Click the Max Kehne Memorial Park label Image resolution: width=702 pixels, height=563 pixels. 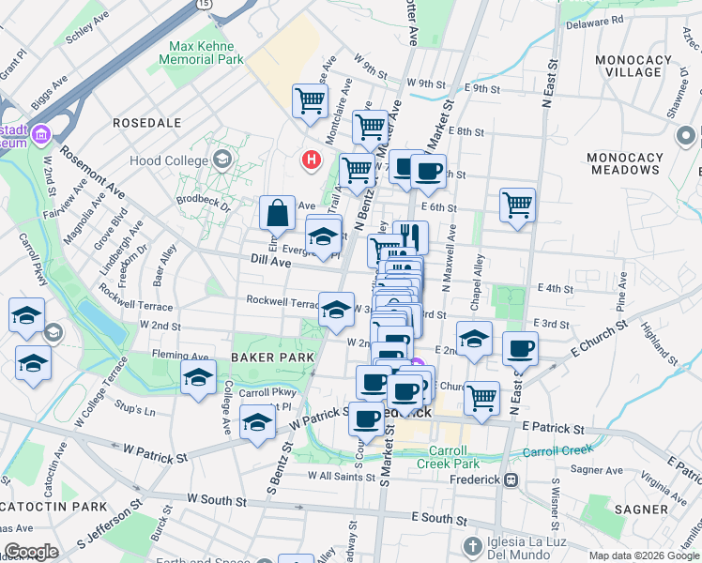click(x=206, y=53)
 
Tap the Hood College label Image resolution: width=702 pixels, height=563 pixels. click(x=175, y=160)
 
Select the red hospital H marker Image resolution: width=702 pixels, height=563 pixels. click(x=311, y=161)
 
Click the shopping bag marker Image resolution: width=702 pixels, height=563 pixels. click(x=279, y=213)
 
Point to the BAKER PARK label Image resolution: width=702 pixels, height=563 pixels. click(x=266, y=358)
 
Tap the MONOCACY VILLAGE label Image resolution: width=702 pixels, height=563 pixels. click(x=633, y=66)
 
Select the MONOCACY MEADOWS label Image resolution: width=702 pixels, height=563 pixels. click(x=623, y=163)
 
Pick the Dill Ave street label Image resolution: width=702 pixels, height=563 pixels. click(x=269, y=264)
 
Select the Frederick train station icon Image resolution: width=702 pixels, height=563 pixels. click(x=511, y=479)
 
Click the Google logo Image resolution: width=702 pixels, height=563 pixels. click(x=31, y=552)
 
